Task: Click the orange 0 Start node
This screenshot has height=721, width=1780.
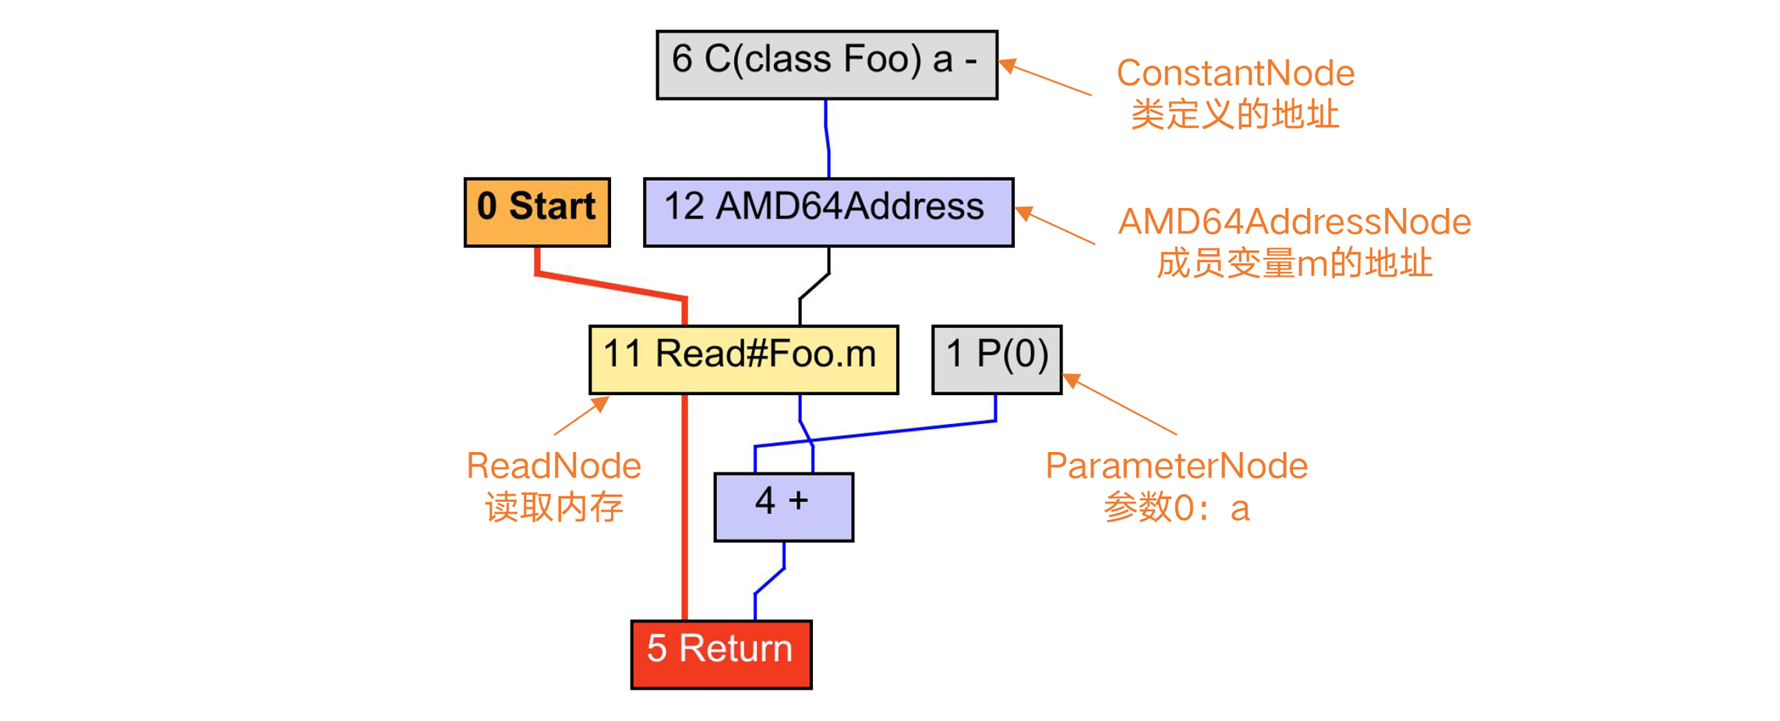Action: [537, 212]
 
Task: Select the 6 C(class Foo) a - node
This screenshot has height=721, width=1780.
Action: [826, 65]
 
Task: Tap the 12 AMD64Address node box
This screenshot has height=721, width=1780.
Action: [828, 212]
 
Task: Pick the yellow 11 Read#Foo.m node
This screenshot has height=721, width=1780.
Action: [743, 359]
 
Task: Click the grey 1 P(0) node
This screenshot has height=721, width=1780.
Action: [996, 359]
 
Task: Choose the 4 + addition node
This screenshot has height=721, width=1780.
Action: [783, 507]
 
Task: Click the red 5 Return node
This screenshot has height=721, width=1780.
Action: [721, 654]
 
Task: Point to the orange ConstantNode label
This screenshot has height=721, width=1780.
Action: [1235, 73]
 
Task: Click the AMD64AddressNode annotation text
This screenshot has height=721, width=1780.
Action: [1294, 222]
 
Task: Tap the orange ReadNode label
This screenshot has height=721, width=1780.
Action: [553, 466]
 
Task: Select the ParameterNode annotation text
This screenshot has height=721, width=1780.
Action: [1175, 466]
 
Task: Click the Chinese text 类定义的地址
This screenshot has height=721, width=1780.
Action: [1235, 115]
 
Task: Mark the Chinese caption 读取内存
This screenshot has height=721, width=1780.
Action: [553, 507]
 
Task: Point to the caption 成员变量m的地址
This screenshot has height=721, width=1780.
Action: [1294, 263]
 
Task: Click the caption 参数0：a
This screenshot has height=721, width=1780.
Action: [1175, 508]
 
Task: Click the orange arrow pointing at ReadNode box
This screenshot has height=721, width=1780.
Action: [581, 416]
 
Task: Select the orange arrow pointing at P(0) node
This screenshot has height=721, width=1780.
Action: [1122, 405]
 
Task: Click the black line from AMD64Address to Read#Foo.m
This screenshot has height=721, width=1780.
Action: [814, 286]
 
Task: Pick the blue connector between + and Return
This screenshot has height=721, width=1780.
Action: [770, 581]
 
